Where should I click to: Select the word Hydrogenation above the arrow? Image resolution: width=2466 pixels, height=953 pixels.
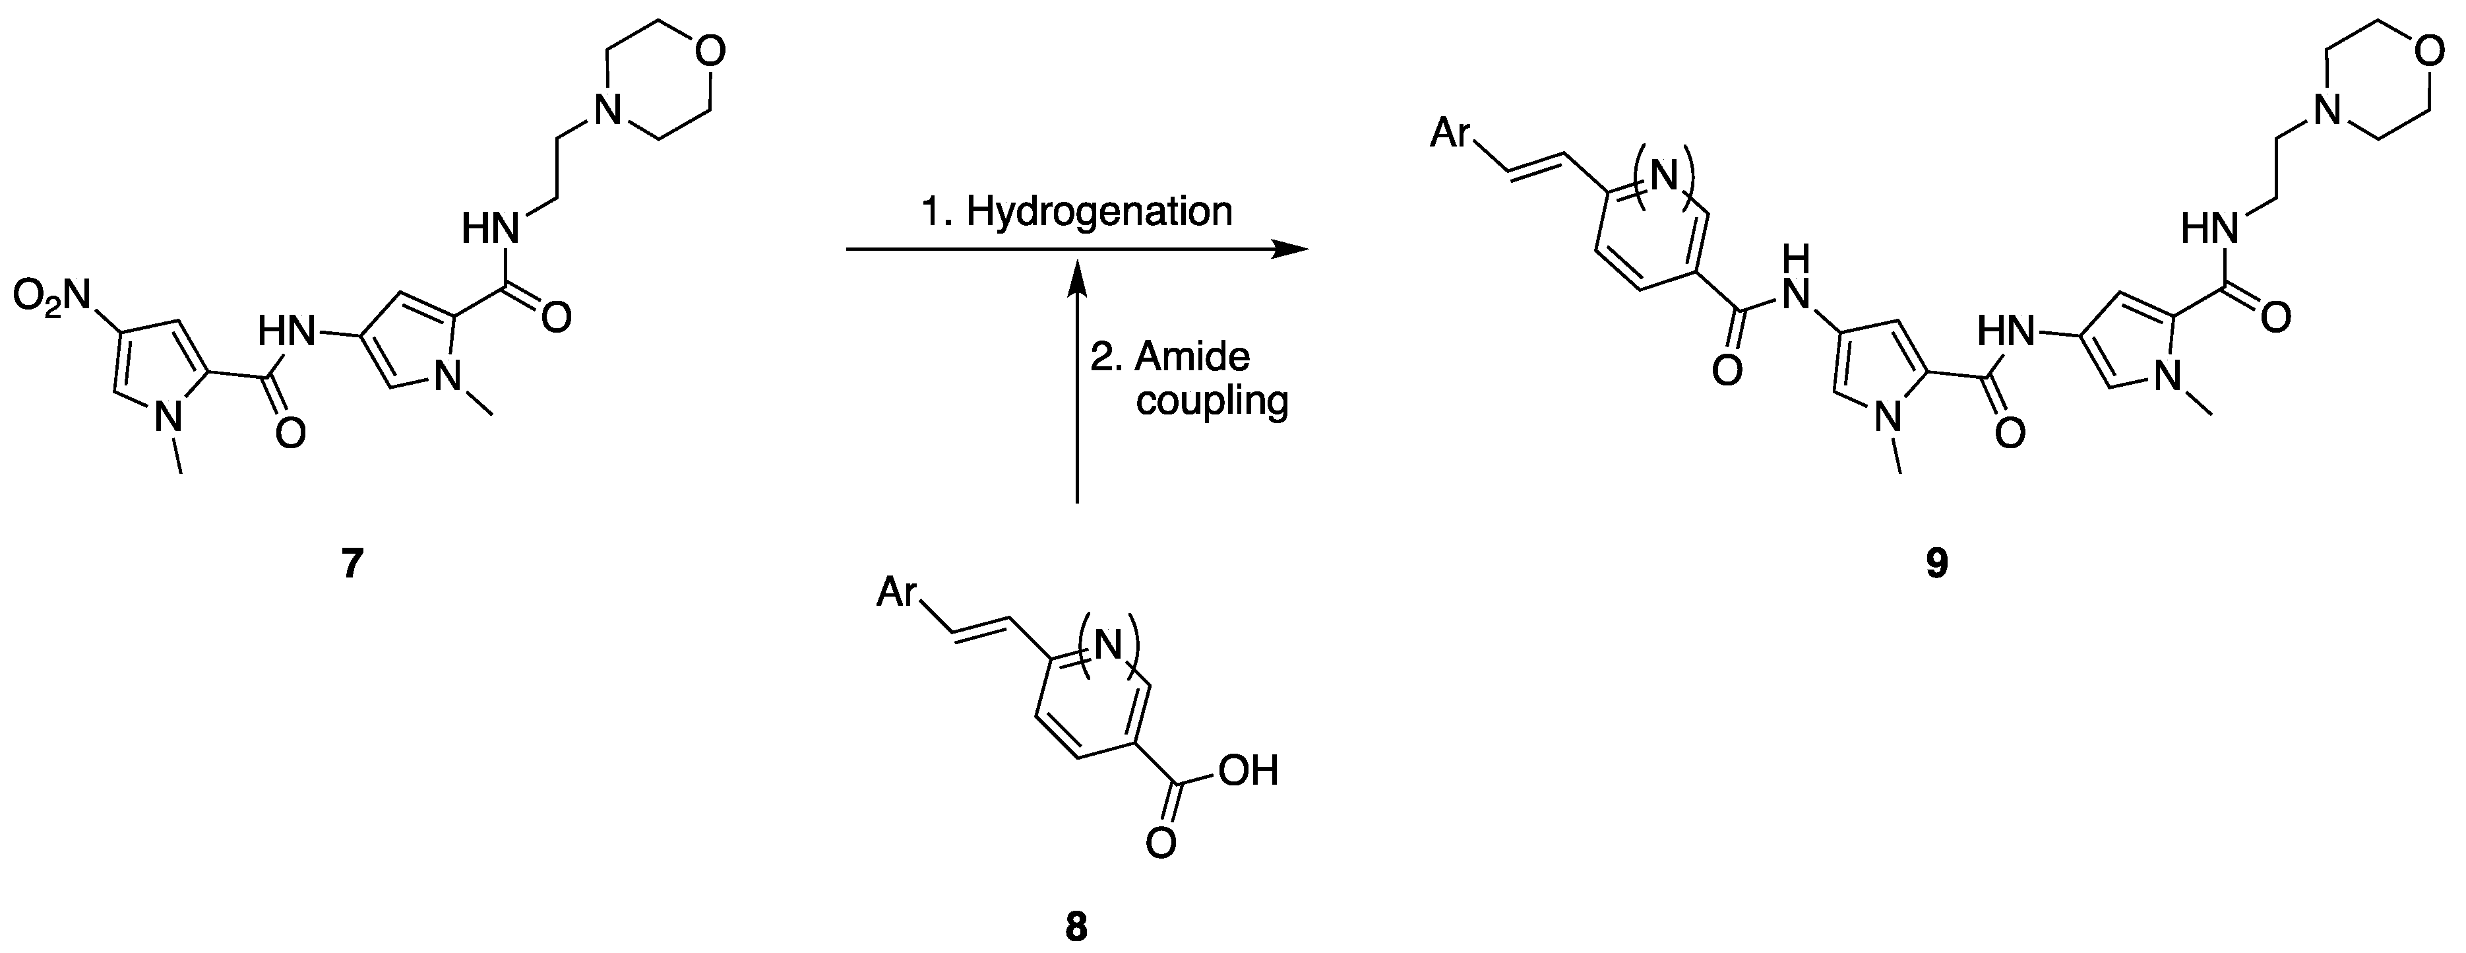[1099, 212]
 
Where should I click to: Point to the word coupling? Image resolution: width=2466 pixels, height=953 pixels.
[1212, 401]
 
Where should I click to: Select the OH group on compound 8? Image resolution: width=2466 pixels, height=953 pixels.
[1248, 771]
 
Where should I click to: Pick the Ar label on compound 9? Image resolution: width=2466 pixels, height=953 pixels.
[1450, 134]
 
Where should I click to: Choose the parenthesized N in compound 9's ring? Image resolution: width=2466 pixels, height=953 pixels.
[1665, 176]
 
